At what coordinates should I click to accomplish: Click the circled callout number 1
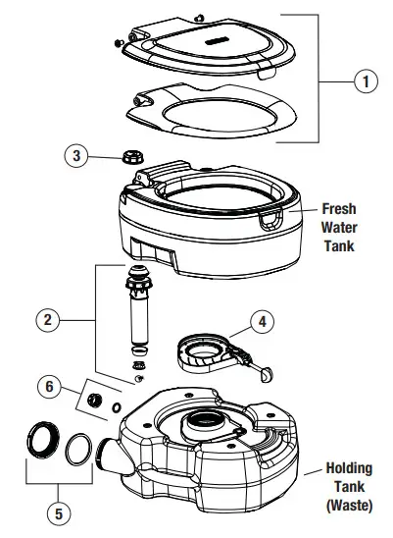click(x=366, y=82)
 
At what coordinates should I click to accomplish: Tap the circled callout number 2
click(x=46, y=319)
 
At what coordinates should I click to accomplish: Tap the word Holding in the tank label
click(x=349, y=468)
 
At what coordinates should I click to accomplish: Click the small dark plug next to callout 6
click(x=96, y=400)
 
